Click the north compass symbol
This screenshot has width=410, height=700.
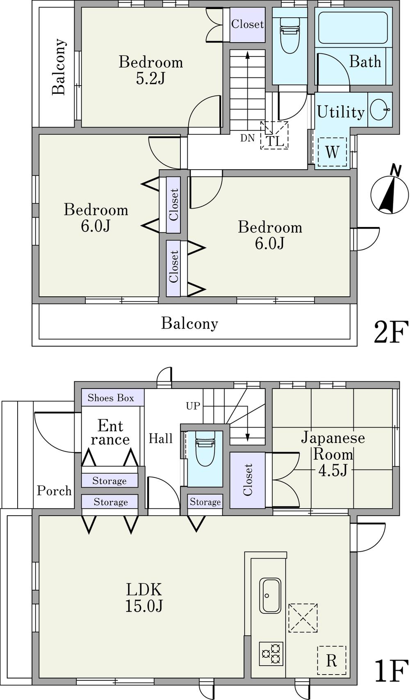click(389, 193)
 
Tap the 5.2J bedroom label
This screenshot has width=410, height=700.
click(150, 70)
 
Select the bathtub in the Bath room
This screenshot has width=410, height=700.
click(353, 28)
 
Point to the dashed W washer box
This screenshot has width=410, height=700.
click(332, 152)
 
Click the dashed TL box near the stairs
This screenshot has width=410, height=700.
click(274, 135)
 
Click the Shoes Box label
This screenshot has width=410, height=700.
click(111, 398)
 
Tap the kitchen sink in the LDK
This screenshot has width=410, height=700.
click(270, 595)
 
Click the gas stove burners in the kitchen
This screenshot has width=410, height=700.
click(271, 653)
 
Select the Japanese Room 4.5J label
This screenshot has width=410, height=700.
click(333, 454)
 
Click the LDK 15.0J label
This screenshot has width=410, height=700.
click(144, 597)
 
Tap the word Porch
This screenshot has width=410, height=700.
click(54, 491)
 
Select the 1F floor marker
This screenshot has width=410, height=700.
click(391, 670)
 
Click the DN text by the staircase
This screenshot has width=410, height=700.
click(247, 138)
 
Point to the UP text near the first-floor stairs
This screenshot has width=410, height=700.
click(193, 406)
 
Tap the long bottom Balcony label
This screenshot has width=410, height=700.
click(189, 323)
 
